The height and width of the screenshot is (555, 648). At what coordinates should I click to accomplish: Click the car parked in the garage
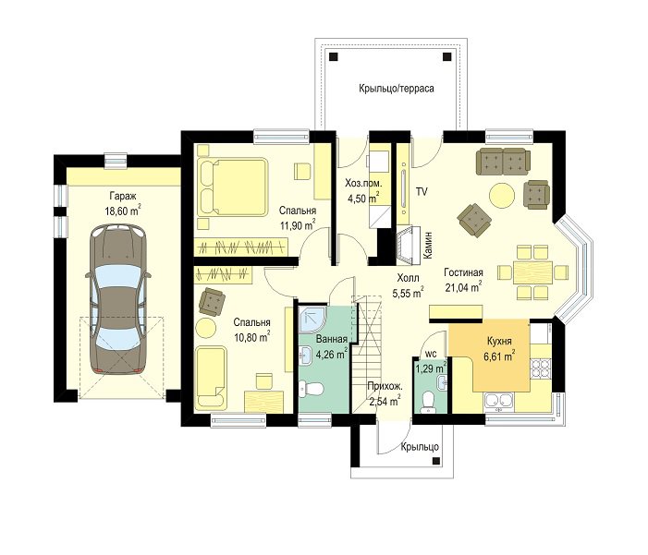118,299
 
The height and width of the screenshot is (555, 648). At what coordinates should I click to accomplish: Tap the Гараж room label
123,196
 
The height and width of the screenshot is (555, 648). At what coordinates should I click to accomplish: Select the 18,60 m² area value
123,211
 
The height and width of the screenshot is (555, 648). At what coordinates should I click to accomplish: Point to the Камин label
428,245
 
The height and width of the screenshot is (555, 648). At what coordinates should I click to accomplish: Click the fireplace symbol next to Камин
410,246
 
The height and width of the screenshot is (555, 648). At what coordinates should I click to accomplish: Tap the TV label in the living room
422,191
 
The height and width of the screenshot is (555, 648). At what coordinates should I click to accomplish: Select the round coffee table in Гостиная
502,195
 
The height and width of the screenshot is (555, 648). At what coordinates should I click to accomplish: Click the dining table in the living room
532,272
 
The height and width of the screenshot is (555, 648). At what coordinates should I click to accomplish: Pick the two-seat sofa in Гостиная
503,162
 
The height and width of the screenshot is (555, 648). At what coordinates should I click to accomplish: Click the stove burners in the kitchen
540,369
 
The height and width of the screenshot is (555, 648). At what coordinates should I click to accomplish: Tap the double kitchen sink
500,402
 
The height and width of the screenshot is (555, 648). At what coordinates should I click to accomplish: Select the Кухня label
499,342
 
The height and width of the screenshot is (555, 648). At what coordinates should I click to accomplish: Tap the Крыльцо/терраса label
397,89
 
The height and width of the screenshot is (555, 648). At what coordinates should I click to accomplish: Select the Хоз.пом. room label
363,184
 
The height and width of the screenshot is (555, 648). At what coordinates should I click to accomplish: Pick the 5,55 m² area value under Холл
408,292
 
